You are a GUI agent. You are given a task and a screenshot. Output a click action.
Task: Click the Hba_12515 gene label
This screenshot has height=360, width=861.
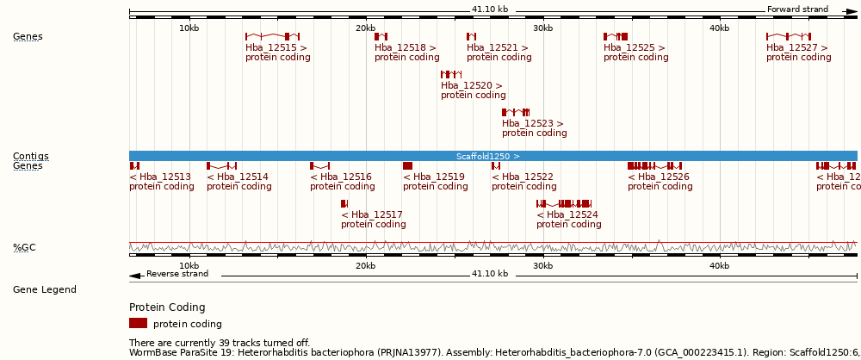pyautogui.click(x=276, y=48)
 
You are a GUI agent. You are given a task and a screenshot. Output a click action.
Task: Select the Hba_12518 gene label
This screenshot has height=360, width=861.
pyautogui.click(x=405, y=48)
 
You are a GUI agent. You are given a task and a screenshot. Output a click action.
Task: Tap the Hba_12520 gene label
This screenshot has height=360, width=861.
pyautogui.click(x=471, y=86)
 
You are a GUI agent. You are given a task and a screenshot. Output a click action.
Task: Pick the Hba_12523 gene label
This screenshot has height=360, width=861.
pyautogui.click(x=532, y=124)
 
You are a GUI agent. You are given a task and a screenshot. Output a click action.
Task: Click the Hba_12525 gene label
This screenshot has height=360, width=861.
pyautogui.click(x=635, y=48)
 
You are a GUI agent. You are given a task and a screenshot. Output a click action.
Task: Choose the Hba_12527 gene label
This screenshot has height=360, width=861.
pyautogui.click(x=797, y=48)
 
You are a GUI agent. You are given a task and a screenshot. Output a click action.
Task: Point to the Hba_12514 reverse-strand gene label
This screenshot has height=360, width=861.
pyautogui.click(x=238, y=177)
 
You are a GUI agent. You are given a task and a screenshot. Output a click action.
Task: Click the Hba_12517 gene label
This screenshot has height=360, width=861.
pyautogui.click(x=372, y=214)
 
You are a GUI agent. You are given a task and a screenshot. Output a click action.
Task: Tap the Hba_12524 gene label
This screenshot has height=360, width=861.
pyautogui.click(x=567, y=214)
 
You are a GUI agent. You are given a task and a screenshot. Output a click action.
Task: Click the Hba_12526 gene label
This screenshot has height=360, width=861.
pyautogui.click(x=659, y=177)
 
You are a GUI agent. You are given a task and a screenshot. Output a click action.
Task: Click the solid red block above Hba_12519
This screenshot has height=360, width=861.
pyautogui.click(x=407, y=165)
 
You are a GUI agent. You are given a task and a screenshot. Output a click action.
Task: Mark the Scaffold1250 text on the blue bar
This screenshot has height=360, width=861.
pyautogui.click(x=487, y=156)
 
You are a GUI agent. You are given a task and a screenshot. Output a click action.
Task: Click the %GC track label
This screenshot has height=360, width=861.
pyautogui.click(x=24, y=248)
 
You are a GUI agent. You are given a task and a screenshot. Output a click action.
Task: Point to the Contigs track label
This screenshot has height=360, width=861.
pyautogui.click(x=30, y=156)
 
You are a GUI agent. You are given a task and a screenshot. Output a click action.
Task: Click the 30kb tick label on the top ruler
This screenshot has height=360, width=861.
pyautogui.click(x=542, y=28)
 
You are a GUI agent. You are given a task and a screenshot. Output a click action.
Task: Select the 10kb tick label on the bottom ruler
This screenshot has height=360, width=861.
pyautogui.click(x=189, y=265)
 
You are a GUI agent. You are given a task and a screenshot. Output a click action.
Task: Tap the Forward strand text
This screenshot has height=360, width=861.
pyautogui.click(x=797, y=9)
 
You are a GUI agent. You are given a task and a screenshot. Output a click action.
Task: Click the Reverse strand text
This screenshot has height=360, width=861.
pyautogui.click(x=177, y=274)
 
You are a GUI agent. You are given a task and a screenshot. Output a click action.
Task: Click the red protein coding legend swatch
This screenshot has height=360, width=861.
pyautogui.click(x=138, y=323)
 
